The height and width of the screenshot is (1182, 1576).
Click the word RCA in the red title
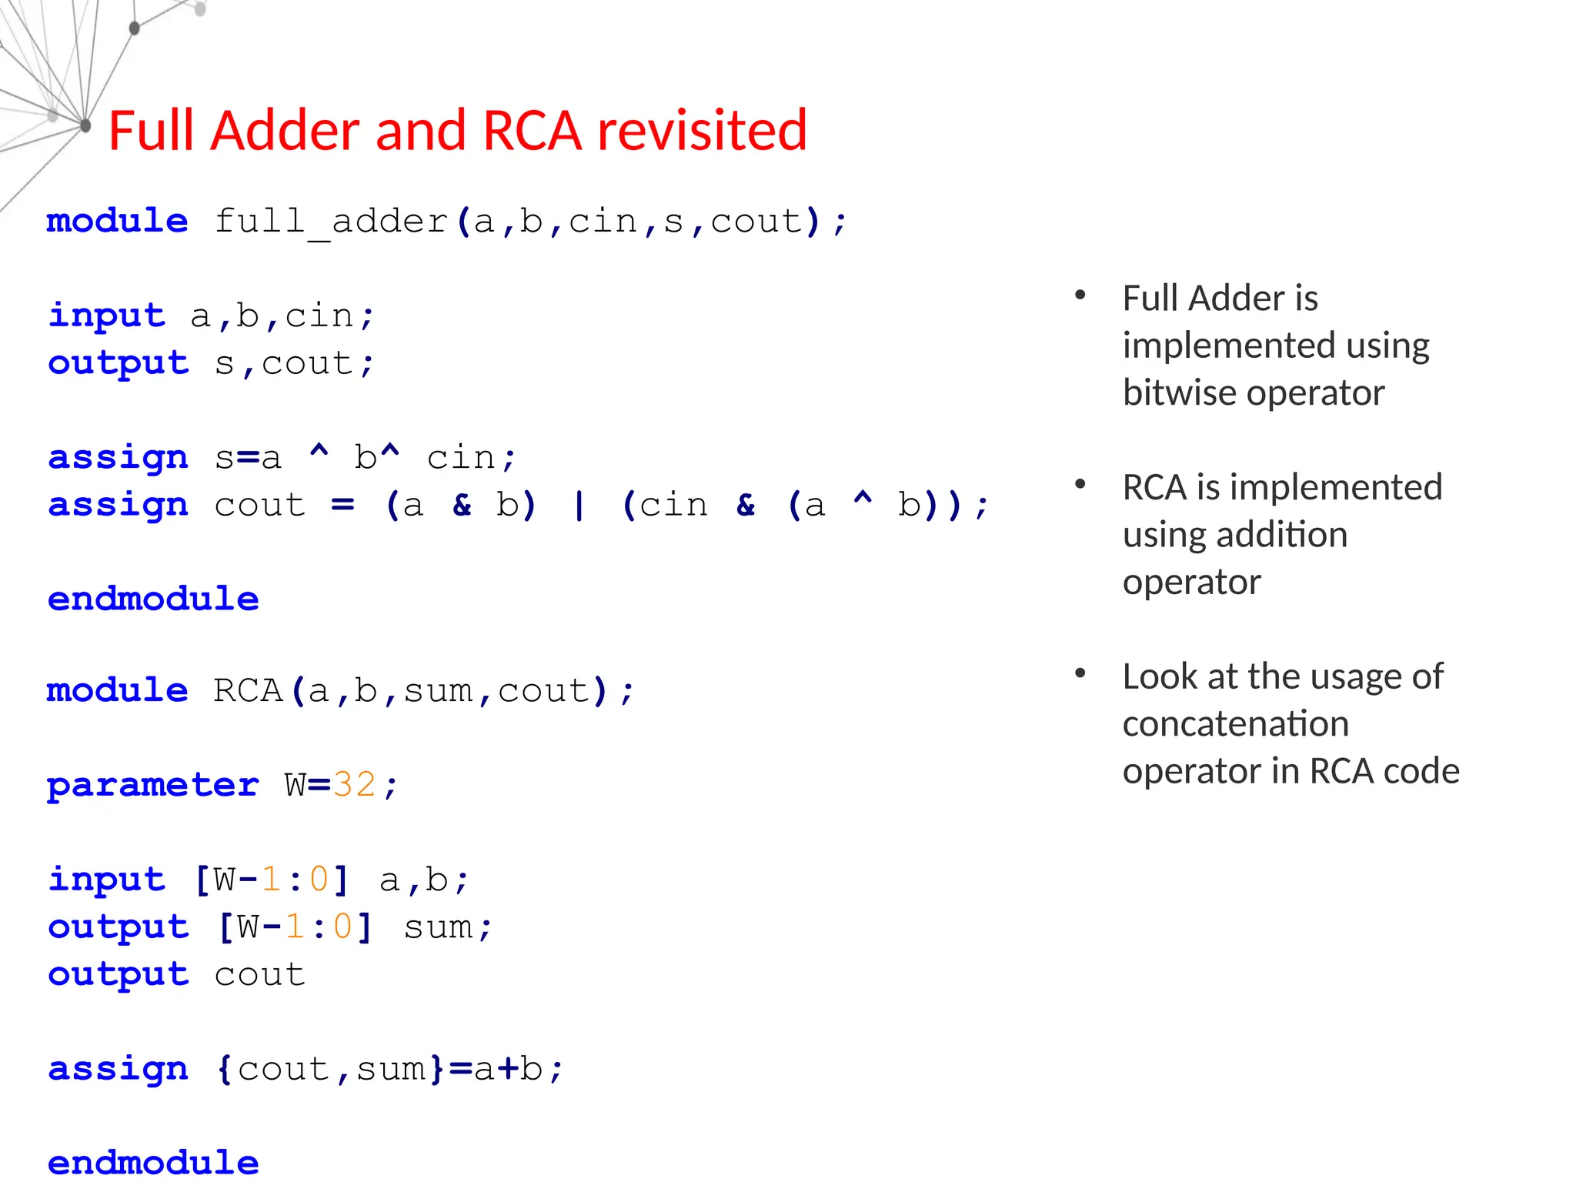[531, 130]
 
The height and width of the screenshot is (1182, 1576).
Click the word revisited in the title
[702, 130]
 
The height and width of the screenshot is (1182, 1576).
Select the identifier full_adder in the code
[331, 222]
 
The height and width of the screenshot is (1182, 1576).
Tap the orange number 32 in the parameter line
[354, 785]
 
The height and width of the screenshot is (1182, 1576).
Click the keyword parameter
[152, 786]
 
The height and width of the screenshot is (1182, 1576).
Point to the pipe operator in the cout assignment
[579, 506]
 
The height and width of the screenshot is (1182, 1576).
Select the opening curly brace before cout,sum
[224, 1069]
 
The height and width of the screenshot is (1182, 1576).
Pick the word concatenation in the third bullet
[1235, 723]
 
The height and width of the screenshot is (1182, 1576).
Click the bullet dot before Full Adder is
[1080, 295]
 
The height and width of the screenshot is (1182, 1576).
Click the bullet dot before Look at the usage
[1080, 673]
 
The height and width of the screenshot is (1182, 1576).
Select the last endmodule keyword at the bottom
[153, 1162]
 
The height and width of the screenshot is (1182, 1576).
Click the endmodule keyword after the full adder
[153, 599]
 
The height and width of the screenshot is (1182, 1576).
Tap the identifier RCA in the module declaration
[248, 690]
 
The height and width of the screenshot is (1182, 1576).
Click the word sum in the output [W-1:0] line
[438, 927]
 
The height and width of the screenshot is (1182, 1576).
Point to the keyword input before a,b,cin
[106, 316]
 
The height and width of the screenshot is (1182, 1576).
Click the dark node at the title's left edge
[85, 125]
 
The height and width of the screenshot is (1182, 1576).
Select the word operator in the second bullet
[1191, 582]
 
